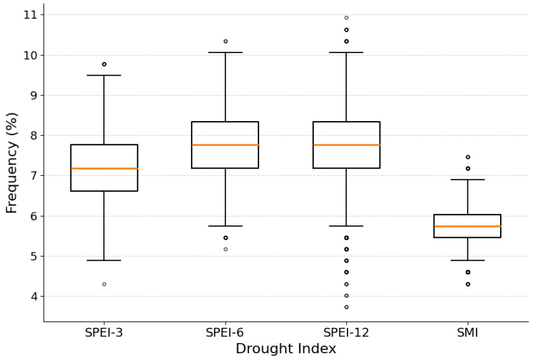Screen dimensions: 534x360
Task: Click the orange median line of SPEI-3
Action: point(104,168)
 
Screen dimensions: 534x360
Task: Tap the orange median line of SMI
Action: point(468,226)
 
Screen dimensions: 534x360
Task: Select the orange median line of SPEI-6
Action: point(225,145)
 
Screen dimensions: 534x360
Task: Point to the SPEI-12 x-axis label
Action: point(346,332)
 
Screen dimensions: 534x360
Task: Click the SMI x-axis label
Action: point(468,332)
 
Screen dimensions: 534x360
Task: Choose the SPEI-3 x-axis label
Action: point(104,332)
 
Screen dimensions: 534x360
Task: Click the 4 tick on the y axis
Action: point(34,296)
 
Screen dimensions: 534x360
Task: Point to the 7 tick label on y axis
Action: point(34,176)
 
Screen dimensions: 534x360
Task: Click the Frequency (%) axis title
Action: point(11,163)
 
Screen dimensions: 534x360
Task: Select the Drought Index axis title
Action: point(286,349)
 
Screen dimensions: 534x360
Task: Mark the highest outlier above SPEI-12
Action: point(346,17)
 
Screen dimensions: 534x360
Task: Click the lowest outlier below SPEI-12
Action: point(346,307)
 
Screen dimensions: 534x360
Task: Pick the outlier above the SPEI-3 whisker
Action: point(104,64)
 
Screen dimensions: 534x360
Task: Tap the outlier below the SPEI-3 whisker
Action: point(104,284)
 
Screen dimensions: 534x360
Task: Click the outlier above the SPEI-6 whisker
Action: point(225,41)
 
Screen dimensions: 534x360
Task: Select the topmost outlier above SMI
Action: point(468,157)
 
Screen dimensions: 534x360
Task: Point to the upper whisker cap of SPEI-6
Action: point(225,52)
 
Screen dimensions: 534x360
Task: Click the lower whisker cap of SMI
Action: point(468,260)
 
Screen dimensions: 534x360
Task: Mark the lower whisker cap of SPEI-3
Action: point(104,260)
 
